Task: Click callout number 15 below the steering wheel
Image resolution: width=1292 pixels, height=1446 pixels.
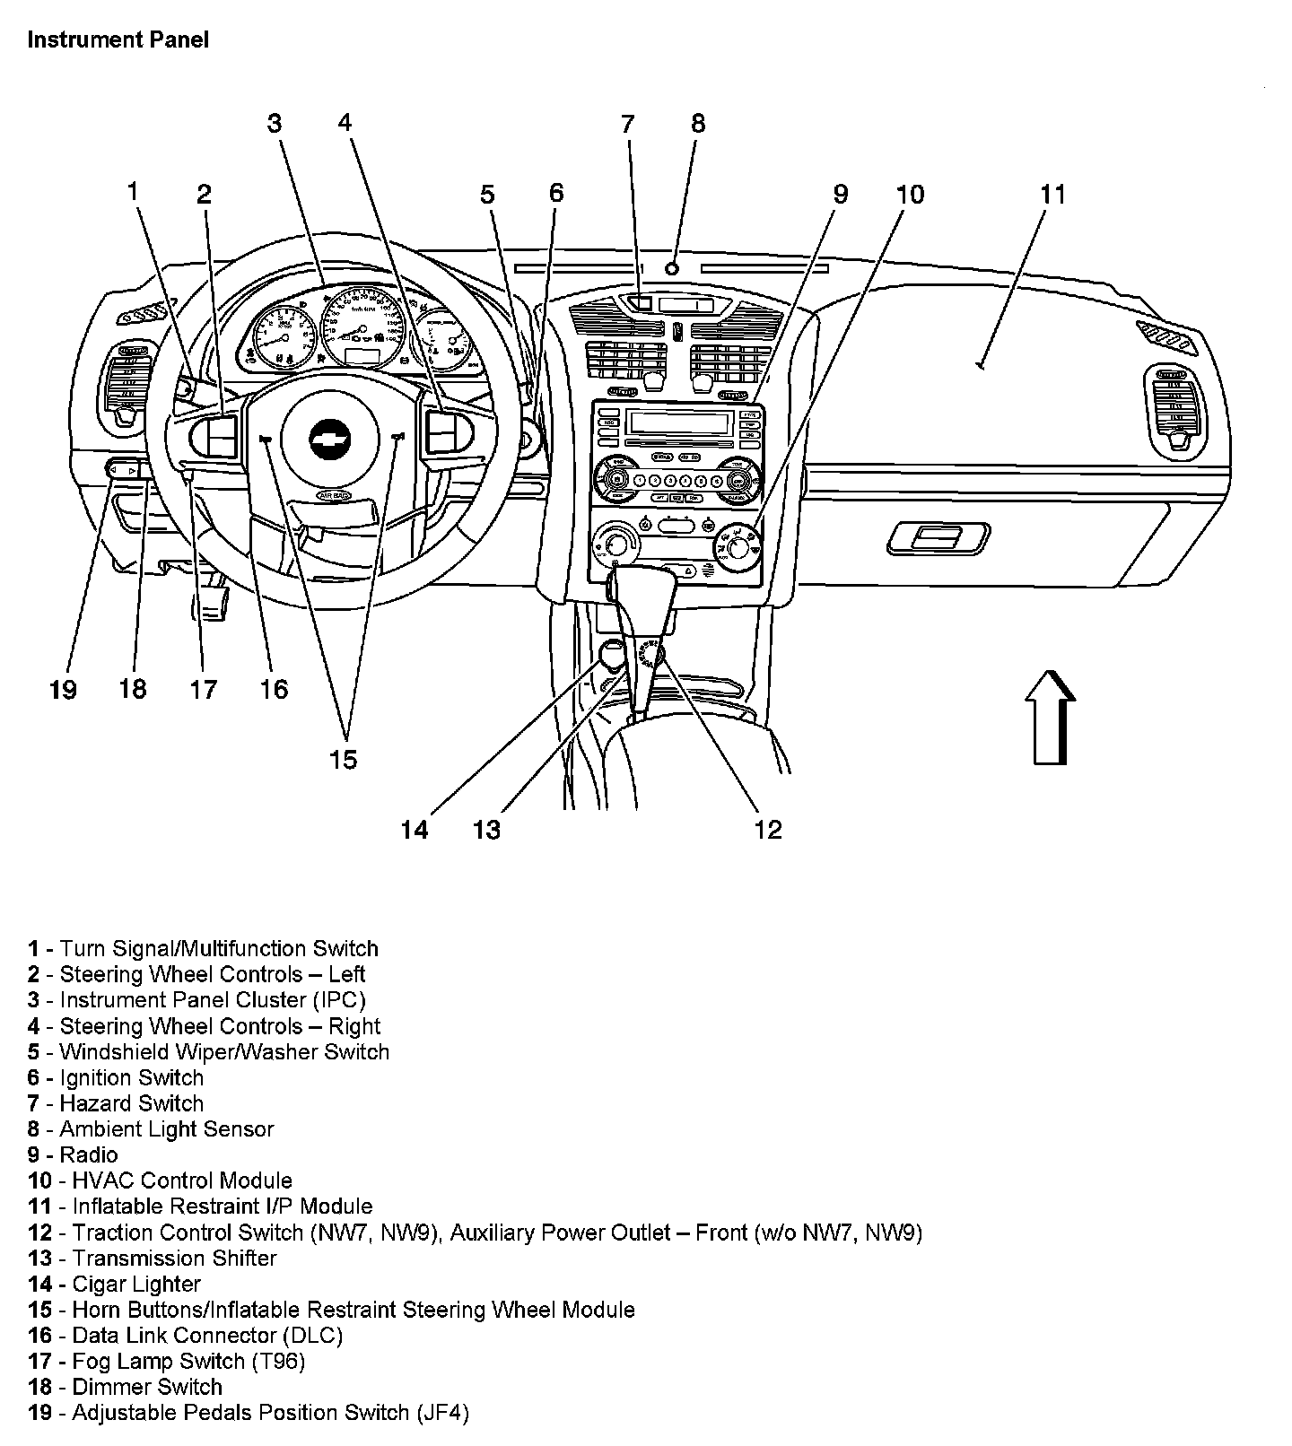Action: tap(343, 760)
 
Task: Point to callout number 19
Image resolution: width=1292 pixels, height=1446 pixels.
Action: tap(63, 689)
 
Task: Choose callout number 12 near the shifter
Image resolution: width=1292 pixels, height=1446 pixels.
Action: tap(768, 830)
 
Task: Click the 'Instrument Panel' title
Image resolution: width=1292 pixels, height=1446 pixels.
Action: tap(118, 39)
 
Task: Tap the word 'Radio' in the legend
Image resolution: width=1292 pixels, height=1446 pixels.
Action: tap(89, 1154)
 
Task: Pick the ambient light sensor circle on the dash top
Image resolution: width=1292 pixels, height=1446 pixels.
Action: tap(673, 267)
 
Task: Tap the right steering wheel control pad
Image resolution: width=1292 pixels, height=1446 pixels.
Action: tap(445, 431)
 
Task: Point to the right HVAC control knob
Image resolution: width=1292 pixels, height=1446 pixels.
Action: tap(739, 546)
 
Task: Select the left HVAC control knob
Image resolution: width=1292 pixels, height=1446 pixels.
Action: tap(616, 542)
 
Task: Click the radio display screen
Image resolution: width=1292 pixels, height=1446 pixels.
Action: tap(678, 422)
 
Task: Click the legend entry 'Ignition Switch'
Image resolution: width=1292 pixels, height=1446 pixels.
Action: tap(131, 1077)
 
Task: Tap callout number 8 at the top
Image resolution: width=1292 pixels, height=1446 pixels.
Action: tap(697, 123)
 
